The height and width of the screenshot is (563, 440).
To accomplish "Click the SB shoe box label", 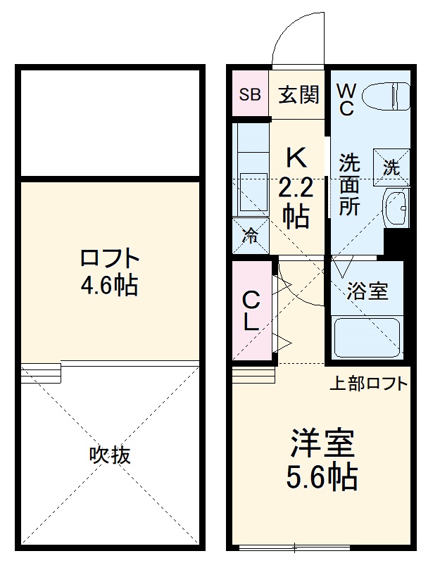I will pos(249,94).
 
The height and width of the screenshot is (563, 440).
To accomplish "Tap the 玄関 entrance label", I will pos(298,94).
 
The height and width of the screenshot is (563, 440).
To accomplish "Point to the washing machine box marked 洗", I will pos(391,167).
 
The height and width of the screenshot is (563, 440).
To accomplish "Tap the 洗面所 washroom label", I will pos(349,184).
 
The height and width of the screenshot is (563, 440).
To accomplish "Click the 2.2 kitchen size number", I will pos(296,189).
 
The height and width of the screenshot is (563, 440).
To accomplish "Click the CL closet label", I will pos(251,312).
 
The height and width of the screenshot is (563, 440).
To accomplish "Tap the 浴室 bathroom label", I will pos(367,291).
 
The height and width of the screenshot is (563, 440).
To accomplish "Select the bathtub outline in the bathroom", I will pos(367,338).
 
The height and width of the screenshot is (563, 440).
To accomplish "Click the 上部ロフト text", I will pos(368,384).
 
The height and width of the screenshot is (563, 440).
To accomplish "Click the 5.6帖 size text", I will pos(322,479).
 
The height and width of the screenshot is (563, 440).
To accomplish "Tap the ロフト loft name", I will pos(109,258).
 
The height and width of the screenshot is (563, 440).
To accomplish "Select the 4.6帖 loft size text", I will pos(109,285).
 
